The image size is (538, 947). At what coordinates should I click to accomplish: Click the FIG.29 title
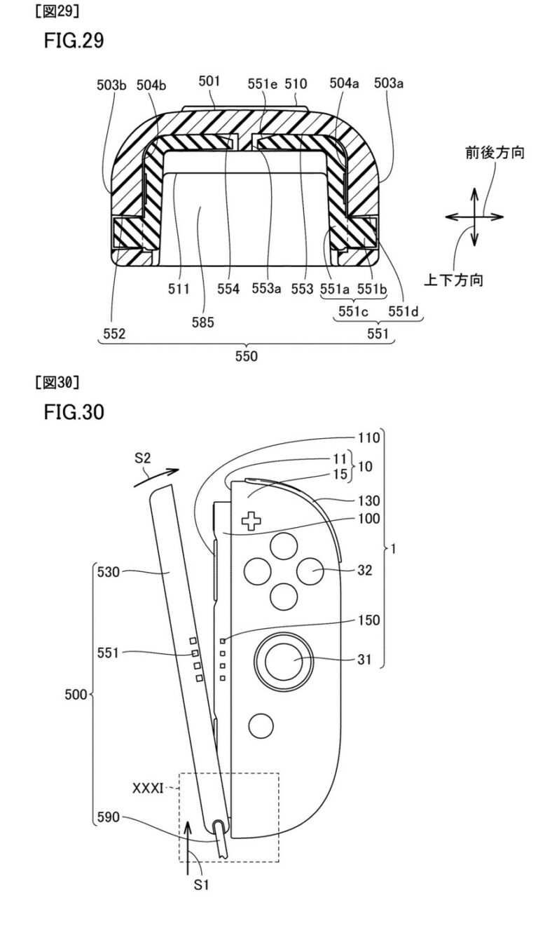pos(74,41)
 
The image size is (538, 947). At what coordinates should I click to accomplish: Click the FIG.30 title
pos(74,412)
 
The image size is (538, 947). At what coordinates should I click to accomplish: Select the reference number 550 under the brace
pos(246,356)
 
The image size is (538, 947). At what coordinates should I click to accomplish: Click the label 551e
pos(262,84)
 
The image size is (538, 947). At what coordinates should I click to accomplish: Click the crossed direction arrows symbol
pos(474,217)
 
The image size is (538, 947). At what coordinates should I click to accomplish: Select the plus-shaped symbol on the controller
pos(249,521)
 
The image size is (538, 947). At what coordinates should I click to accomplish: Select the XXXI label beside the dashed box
pos(148,788)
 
